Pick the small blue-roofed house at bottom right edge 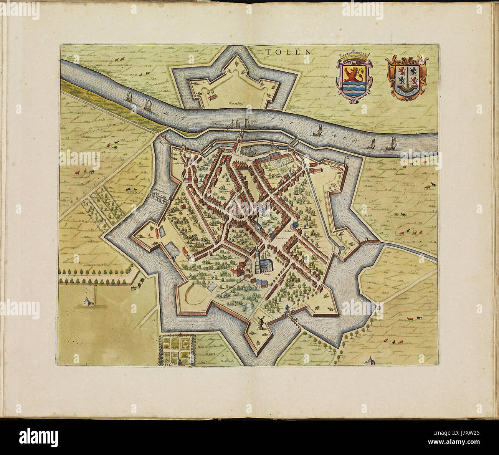(x=370, y=360)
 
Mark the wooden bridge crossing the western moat (x=159, y=196)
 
